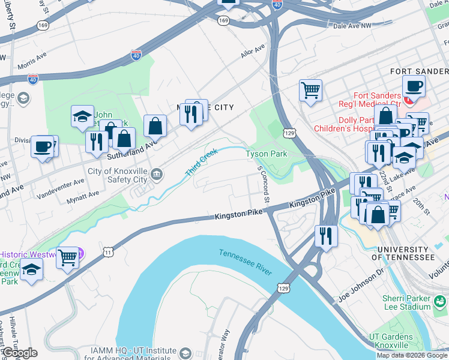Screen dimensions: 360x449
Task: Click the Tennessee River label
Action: pos(246,262)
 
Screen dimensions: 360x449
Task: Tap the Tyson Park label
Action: pos(267,154)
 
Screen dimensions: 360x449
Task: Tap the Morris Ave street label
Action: pos(32,61)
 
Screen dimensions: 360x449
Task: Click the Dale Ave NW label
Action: pos(353,26)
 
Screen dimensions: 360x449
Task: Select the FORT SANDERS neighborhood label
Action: pos(419,71)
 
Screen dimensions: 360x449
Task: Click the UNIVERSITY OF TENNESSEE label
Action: pos(403,253)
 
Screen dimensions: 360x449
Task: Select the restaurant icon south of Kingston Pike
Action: pos(326,235)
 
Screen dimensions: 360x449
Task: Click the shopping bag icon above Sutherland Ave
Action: pos(155,126)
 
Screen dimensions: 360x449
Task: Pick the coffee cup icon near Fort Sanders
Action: pos(414,86)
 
